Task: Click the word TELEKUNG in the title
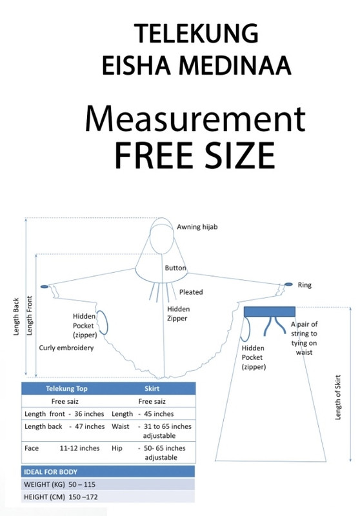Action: pyautogui.click(x=196, y=34)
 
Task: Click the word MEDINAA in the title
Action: pyautogui.click(x=235, y=66)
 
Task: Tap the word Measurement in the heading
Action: pyautogui.click(x=195, y=119)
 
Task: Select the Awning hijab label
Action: pyautogui.click(x=197, y=227)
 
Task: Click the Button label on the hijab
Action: pyautogui.click(x=175, y=268)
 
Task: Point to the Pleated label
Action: pyautogui.click(x=191, y=292)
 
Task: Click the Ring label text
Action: pyautogui.click(x=305, y=285)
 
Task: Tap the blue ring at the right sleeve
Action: pyautogui.click(x=288, y=284)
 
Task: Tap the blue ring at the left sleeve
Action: pyautogui.click(x=45, y=286)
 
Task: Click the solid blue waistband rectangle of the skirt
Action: pyautogui.click(x=270, y=312)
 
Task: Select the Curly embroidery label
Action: pyautogui.click(x=66, y=348)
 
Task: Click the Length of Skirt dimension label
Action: pyautogui.click(x=337, y=397)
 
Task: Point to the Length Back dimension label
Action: pyautogui.click(x=16, y=317)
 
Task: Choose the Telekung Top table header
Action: pyautogui.click(x=66, y=389)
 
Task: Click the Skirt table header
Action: pyautogui.click(x=152, y=389)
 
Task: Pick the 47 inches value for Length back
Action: pyautogui.click(x=90, y=426)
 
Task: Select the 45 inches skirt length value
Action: pyautogui.click(x=159, y=414)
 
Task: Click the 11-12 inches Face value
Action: pyautogui.click(x=79, y=448)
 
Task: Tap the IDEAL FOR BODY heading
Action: pyautogui.click(x=50, y=472)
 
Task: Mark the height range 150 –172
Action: pyautogui.click(x=83, y=497)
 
